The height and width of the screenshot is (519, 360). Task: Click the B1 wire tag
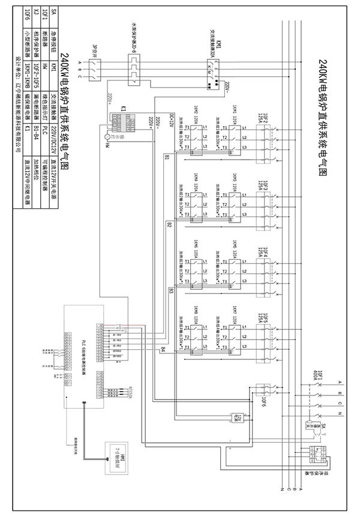coord(166,157)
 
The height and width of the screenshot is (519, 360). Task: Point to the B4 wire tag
coord(162,349)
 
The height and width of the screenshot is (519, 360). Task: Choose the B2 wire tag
coord(169,224)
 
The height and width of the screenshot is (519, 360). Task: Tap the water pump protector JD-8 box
coord(135,67)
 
